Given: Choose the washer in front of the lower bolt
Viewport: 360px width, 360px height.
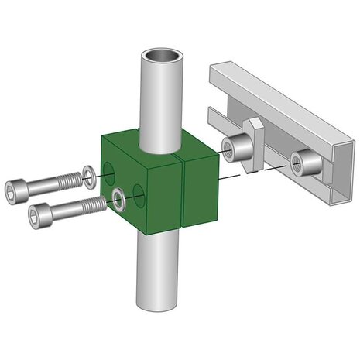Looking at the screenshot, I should pyautogui.click(x=119, y=199).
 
